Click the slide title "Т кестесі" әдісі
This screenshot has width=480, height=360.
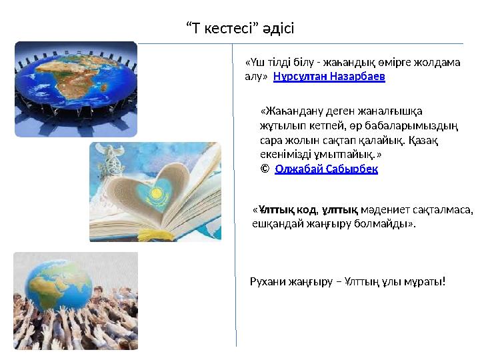239,29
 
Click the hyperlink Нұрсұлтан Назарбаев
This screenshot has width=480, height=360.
329,77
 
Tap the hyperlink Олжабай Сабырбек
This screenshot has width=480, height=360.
326,169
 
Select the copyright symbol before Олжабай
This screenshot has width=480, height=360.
265,169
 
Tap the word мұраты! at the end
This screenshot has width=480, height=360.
425,282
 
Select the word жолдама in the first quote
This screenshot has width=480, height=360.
437,63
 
